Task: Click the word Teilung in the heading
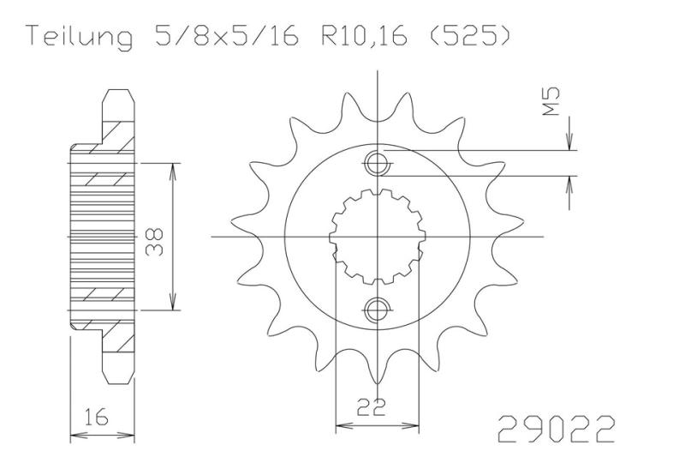(x=80, y=37)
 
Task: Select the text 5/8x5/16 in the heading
(x=227, y=36)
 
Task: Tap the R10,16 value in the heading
(x=365, y=37)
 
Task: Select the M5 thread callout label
(x=551, y=101)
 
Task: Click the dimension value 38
(x=155, y=242)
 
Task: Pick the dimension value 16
(x=96, y=418)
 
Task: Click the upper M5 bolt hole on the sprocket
(x=376, y=164)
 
